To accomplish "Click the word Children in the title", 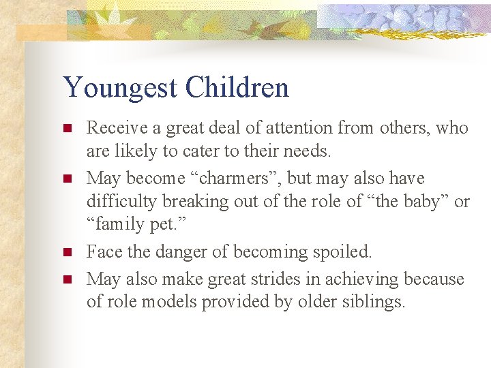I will tap(237, 87).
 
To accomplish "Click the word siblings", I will tap(378, 303).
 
